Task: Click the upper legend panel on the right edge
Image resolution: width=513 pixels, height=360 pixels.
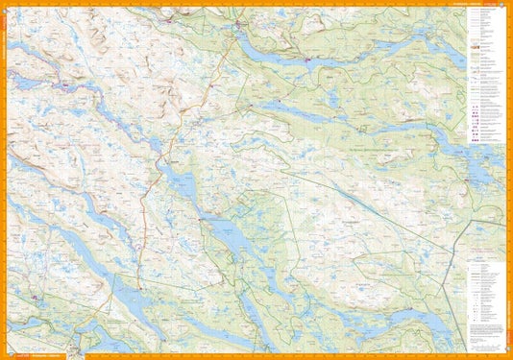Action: [487, 77]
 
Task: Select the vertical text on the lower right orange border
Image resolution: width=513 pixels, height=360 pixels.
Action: [508, 307]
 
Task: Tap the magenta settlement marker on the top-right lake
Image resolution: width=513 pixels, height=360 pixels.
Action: [306, 62]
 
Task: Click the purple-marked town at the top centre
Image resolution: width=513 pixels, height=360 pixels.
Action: [237, 27]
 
